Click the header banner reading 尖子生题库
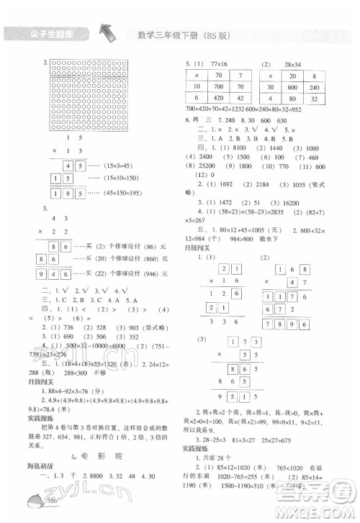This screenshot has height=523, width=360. pos(44,34)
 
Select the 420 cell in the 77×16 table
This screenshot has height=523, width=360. pos(215,98)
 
